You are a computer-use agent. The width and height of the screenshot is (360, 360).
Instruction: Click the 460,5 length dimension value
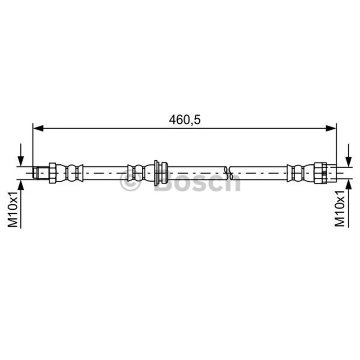184,120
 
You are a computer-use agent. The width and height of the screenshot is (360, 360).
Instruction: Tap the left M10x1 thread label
13,209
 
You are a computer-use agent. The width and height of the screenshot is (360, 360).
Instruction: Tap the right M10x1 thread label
340,208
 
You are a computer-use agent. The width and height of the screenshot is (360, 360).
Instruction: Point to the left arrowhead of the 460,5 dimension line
38,128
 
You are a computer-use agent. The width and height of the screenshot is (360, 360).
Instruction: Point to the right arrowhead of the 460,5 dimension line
331,128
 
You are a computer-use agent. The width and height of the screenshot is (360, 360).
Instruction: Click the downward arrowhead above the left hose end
21,161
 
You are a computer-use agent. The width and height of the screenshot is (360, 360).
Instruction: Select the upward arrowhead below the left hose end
21,185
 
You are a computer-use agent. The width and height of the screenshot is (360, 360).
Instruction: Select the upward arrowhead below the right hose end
349,184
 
